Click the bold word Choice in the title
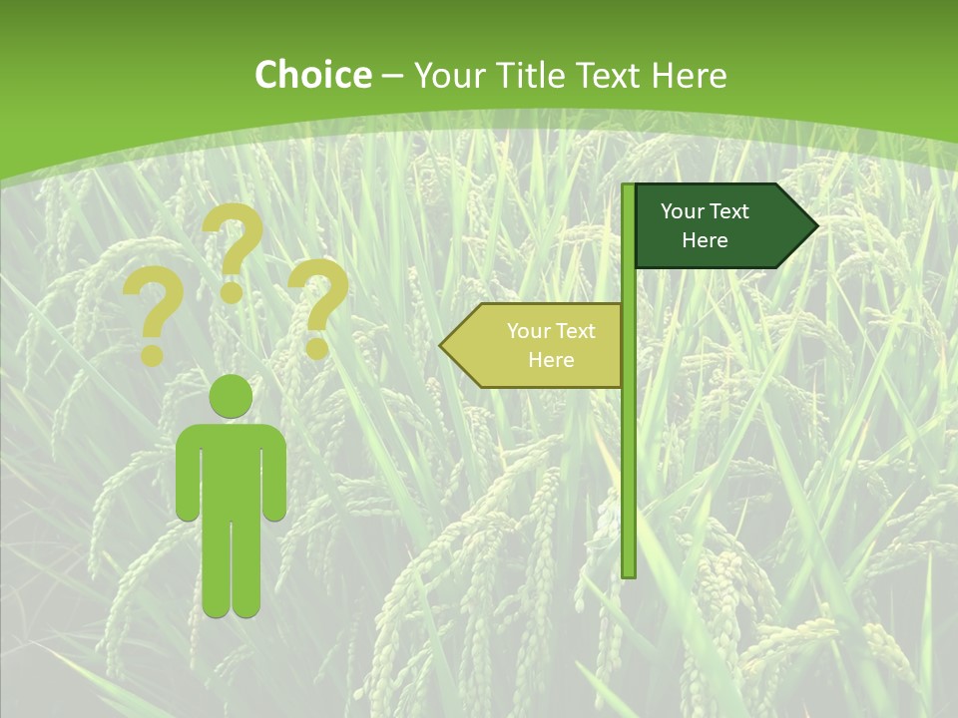[x=312, y=75]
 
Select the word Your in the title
[x=446, y=75]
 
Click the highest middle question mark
[x=233, y=249]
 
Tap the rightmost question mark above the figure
[x=318, y=304]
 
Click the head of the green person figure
[x=232, y=397]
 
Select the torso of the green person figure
[x=232, y=469]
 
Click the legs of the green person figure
[x=232, y=568]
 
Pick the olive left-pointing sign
[x=539, y=346]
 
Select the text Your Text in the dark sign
[x=705, y=211]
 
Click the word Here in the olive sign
[x=551, y=360]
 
